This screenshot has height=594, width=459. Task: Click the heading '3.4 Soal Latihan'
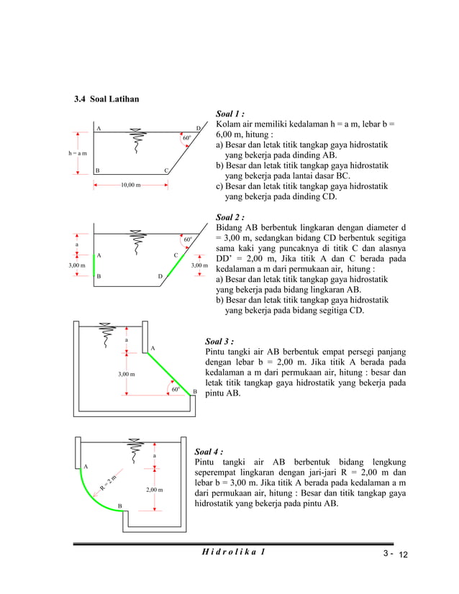(x=107, y=99)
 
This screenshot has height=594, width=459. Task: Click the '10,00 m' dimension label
(x=130, y=186)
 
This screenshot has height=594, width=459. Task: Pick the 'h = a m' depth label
(x=74, y=153)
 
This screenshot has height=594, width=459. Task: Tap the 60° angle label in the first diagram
(x=187, y=137)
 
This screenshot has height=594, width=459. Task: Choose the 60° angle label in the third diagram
(x=175, y=389)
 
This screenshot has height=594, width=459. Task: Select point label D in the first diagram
(x=199, y=128)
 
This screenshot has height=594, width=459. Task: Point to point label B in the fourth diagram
(x=119, y=507)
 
